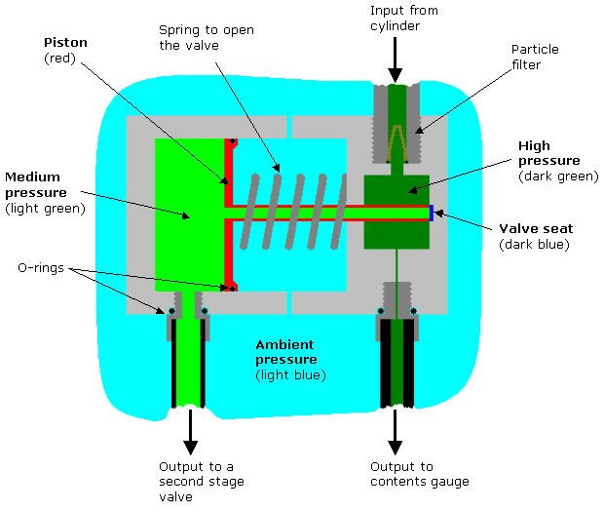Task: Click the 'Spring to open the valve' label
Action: (x=207, y=37)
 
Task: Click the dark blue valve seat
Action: (x=432, y=212)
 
